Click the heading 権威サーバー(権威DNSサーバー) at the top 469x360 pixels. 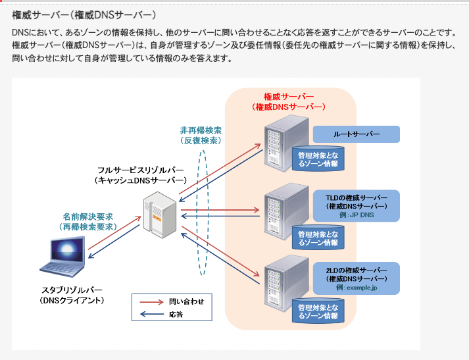click(86, 14)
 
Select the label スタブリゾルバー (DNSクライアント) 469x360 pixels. click(72, 295)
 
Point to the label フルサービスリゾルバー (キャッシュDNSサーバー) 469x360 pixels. click(141, 174)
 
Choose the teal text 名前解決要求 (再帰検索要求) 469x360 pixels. click(88, 221)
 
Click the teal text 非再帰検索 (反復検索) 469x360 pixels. click(200, 135)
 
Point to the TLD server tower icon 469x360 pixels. click(283, 210)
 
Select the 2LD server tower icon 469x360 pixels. click(283, 280)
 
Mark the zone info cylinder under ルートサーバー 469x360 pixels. click(318, 159)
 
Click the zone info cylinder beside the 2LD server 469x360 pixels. click(318, 311)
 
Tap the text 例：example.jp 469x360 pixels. click(356, 288)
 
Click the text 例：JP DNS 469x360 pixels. click(355, 215)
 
